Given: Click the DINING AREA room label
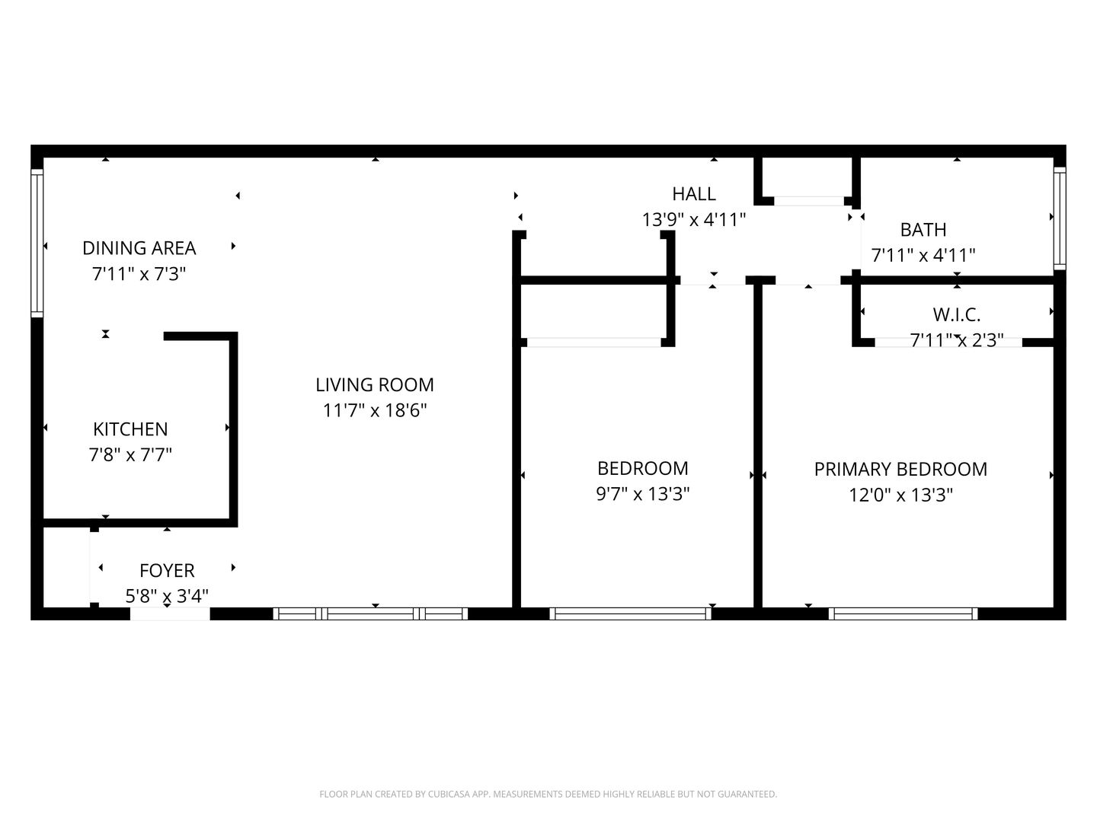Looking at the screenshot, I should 139,248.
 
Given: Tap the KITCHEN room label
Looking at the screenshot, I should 130,429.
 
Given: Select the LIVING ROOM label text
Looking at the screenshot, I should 375,385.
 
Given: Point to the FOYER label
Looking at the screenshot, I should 167,571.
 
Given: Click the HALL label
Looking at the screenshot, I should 693,194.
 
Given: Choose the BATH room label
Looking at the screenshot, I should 923,230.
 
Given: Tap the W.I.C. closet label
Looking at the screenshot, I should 956,314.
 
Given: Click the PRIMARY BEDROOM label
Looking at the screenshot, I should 900,470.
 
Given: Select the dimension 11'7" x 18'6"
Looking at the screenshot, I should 375,411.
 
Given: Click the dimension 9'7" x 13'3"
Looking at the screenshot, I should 642,495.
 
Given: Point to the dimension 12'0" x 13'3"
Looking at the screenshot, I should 900,495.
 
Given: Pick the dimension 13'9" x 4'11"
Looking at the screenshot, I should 693,220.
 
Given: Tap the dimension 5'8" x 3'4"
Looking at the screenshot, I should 167,595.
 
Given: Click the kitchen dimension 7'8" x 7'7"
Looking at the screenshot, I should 130,455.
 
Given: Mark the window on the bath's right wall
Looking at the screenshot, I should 1059,218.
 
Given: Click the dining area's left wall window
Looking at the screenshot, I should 37,242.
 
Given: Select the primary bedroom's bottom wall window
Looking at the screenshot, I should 903,613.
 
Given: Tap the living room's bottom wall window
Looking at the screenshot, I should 370,613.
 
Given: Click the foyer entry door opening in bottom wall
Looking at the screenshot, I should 169,614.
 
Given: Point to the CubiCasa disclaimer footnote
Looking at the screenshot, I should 548,795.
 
